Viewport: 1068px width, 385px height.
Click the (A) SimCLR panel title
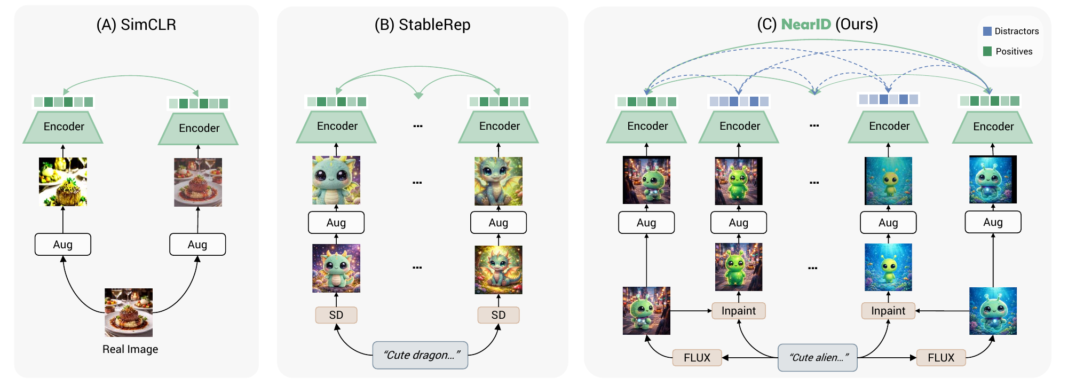tap(136, 25)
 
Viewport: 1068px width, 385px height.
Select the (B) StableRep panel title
tap(422, 25)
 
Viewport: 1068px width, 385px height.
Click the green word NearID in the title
tap(805, 25)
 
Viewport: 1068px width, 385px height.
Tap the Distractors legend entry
tap(1011, 32)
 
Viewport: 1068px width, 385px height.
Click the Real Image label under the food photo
tap(130, 349)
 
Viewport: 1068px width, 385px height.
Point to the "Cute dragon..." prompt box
tap(420, 355)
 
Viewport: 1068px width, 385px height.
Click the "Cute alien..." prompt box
tap(817, 358)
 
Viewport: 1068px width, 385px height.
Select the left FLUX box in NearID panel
tap(697, 358)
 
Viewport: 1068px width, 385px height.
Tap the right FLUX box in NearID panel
tap(940, 358)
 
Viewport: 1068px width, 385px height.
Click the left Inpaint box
tap(739, 311)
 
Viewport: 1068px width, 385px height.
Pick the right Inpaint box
tap(888, 311)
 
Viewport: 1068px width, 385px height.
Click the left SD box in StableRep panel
tap(336, 315)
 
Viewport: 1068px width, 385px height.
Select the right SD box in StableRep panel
tap(498, 315)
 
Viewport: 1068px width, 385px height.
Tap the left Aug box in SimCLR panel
tap(63, 245)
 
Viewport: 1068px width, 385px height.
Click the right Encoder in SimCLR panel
tap(199, 129)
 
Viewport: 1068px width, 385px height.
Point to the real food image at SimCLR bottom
tap(129, 312)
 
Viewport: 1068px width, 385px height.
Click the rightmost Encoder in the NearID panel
tap(993, 127)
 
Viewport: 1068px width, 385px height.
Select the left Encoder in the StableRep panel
tap(337, 127)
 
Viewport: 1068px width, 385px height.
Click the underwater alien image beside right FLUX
tap(993, 311)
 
